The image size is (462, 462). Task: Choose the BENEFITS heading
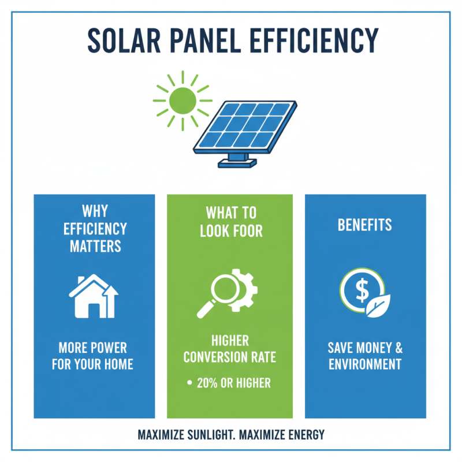click(x=364, y=224)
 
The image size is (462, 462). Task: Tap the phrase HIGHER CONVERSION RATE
click(x=230, y=350)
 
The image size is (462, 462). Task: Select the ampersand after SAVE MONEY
click(x=398, y=348)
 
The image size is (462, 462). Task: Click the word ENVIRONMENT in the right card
click(x=364, y=364)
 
